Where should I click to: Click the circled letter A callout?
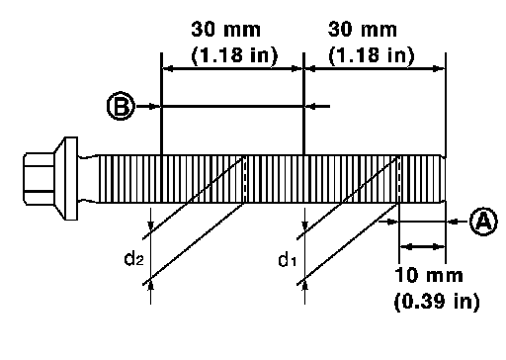(x=483, y=222)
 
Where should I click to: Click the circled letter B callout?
(x=121, y=106)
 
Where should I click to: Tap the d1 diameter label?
(x=288, y=260)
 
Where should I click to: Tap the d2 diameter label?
(x=133, y=258)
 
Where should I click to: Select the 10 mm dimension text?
(x=429, y=275)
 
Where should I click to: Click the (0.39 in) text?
(x=437, y=301)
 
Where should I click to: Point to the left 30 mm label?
(x=226, y=29)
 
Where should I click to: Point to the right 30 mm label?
(x=363, y=29)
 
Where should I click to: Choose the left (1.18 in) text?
(x=234, y=54)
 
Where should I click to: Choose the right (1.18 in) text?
(x=371, y=54)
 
